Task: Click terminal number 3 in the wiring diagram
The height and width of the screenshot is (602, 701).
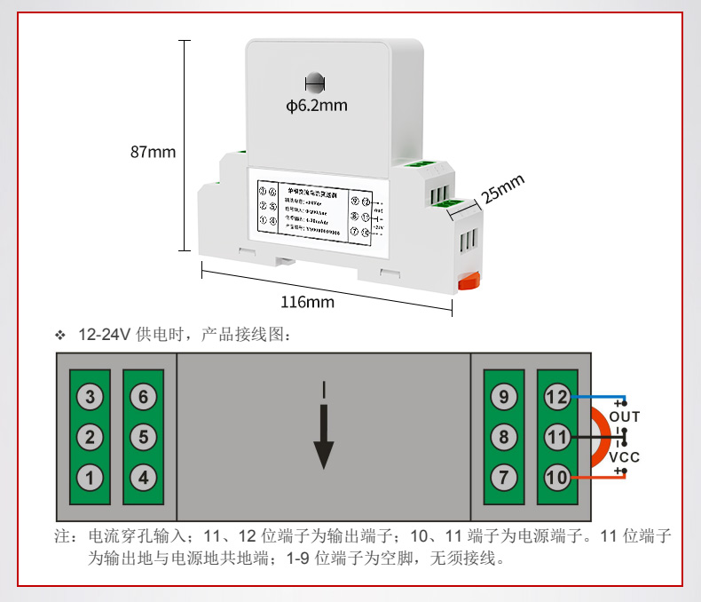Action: point(90,397)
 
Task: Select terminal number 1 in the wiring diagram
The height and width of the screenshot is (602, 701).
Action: point(90,477)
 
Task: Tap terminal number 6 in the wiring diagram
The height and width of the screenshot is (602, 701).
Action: point(143,397)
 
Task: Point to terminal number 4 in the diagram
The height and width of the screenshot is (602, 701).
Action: point(143,477)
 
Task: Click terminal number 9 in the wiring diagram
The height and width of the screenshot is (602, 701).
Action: point(503,397)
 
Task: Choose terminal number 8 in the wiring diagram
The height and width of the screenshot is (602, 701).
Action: point(503,437)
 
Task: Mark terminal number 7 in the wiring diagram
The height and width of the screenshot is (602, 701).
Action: point(503,477)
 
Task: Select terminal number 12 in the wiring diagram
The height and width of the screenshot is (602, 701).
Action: point(556,397)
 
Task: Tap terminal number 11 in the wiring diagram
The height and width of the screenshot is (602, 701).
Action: point(556,437)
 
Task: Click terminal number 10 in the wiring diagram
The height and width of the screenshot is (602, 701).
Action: point(556,477)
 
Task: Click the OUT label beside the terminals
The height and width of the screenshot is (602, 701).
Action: point(625,416)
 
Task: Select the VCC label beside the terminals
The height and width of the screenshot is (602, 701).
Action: point(625,457)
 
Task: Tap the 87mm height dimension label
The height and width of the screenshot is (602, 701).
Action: point(153,152)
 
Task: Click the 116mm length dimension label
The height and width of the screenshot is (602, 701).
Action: point(308,302)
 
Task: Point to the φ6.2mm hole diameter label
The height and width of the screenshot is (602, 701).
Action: point(317,106)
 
